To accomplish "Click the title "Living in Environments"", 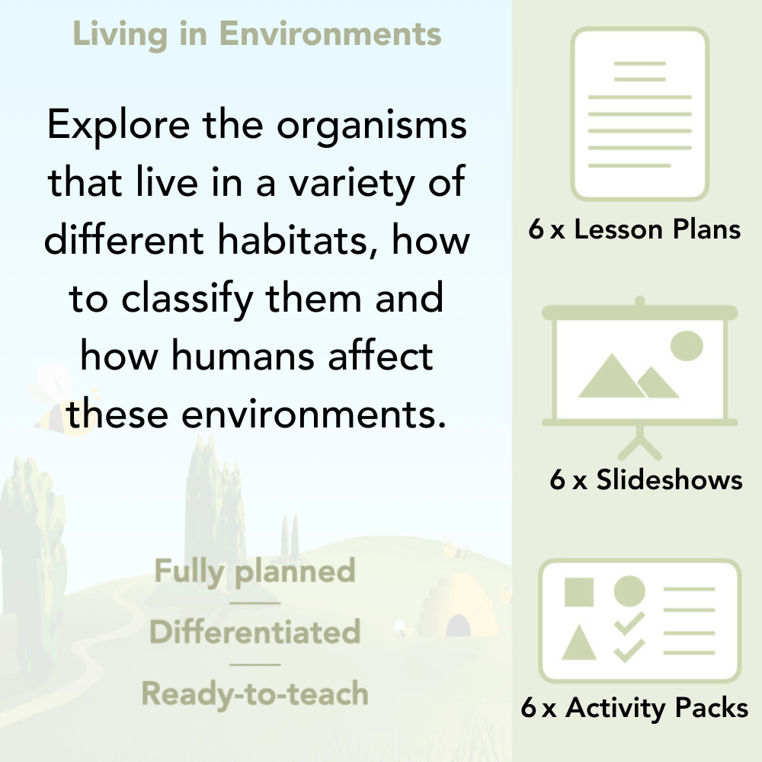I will click(x=257, y=34).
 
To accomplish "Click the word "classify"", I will click(x=194, y=299).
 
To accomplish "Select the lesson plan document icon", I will click(x=640, y=114).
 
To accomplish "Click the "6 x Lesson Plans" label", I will click(x=635, y=229).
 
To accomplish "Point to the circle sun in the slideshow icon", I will click(x=686, y=345).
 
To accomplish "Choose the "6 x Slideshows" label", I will click(x=645, y=479).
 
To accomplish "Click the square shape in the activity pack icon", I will click(x=579, y=591).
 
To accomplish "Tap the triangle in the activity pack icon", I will click(x=579, y=643).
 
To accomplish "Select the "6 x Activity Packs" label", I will click(x=634, y=708).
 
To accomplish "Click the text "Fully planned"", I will click(x=255, y=571).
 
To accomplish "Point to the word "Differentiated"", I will click(x=255, y=632).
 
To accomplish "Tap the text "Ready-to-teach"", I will click(x=255, y=693).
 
